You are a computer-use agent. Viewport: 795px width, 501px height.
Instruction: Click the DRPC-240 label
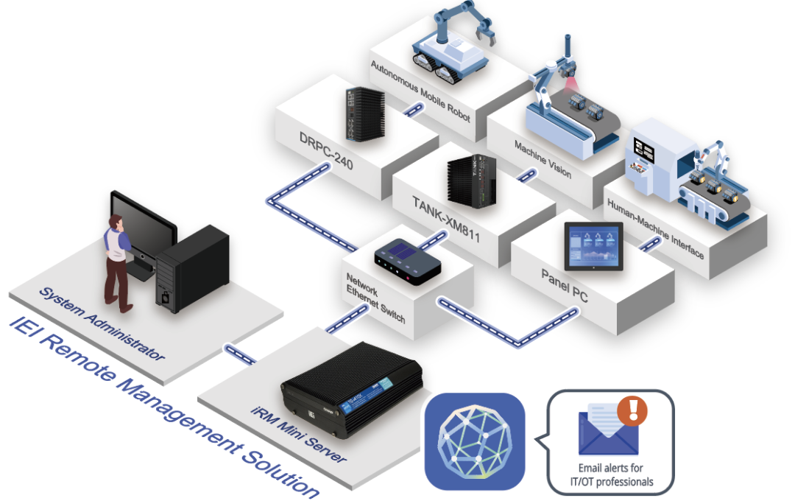pyautogui.click(x=325, y=151)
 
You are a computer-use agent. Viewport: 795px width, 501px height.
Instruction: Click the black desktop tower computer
pyautogui.click(x=192, y=265)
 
